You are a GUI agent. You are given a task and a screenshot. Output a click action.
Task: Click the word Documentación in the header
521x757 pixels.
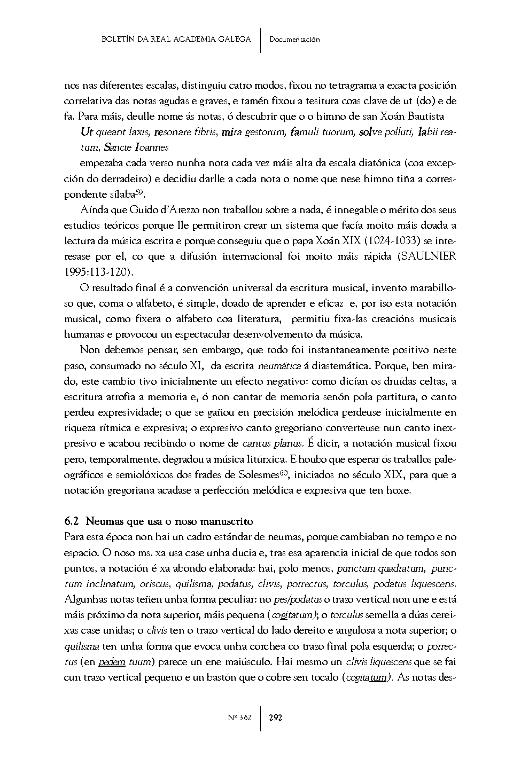pyautogui.click(x=294, y=39)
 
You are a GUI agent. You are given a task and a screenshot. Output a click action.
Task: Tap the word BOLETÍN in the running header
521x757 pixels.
pyautogui.click(x=118, y=39)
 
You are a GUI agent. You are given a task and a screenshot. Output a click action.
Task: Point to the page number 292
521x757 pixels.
pyautogui.click(x=276, y=717)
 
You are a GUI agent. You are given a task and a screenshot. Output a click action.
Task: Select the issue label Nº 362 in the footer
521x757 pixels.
pyautogui.click(x=239, y=717)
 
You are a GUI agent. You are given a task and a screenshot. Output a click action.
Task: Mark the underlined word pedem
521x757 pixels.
pyautogui.click(x=112, y=662)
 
